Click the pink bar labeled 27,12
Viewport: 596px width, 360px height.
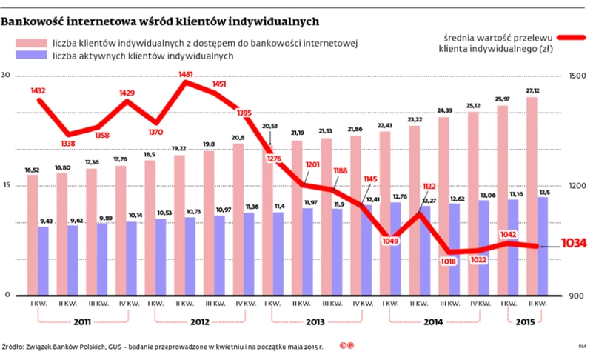pyautogui.click(x=532, y=196)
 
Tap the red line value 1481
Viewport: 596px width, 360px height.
pyautogui.click(x=186, y=75)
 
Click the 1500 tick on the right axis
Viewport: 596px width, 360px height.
pyautogui.click(x=577, y=76)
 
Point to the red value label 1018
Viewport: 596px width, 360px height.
pyautogui.click(x=446, y=261)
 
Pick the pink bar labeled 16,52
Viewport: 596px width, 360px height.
pyautogui.click(x=33, y=235)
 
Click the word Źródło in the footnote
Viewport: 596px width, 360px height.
pyautogui.click(x=13, y=346)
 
